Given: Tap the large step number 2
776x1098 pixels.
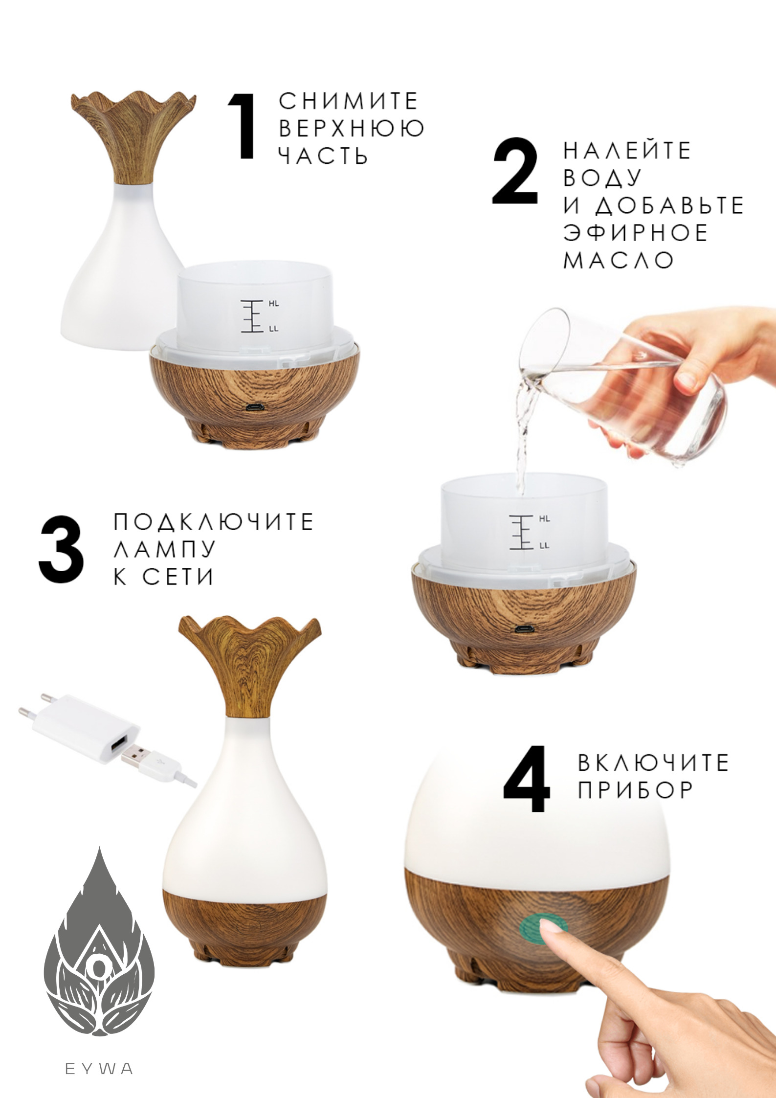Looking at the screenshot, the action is point(515,171).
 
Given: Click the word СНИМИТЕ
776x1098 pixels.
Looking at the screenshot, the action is point(348,101).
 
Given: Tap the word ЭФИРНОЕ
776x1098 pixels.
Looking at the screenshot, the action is point(635,232).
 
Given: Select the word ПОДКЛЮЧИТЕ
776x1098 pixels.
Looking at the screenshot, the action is point(213,522).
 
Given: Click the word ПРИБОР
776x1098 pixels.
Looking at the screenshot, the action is point(635,789).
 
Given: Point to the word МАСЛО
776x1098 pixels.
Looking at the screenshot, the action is point(619,260).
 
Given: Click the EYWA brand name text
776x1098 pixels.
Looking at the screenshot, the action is point(99,1069).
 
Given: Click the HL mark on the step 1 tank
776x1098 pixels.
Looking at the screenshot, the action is point(273,304).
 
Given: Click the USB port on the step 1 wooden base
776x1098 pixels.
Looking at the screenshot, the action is point(254,407).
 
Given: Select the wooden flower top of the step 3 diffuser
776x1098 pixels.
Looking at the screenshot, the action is point(249,665).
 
